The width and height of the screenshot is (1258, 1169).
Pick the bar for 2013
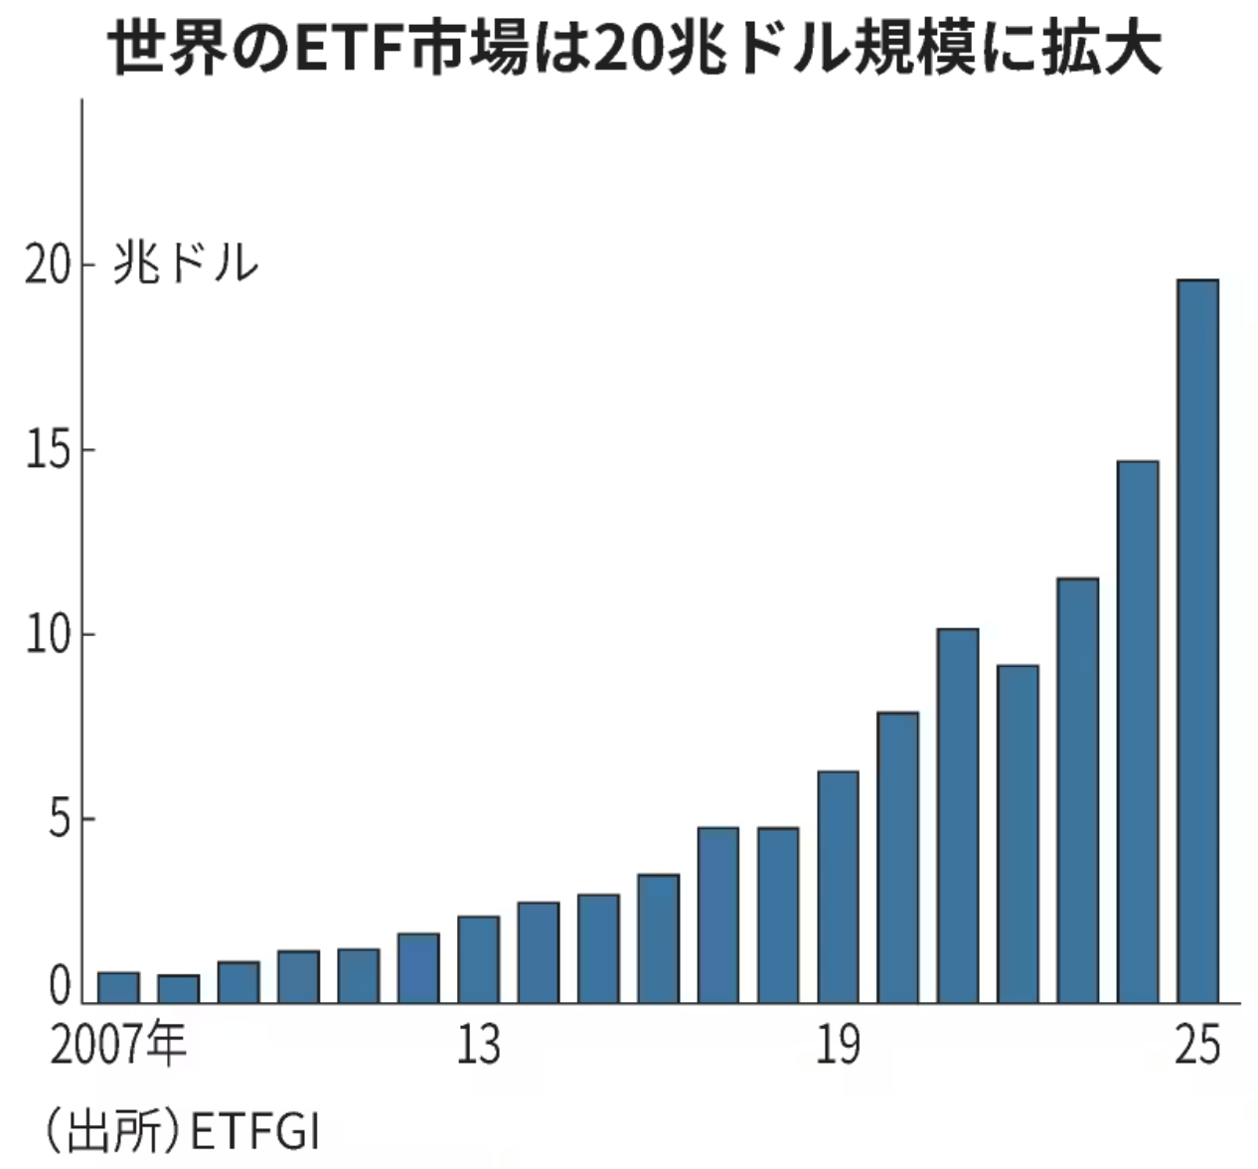pos(478,959)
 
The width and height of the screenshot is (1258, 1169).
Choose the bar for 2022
pos(1018,834)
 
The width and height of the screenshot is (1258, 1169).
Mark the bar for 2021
pos(958,815)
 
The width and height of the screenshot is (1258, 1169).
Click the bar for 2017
pos(717,915)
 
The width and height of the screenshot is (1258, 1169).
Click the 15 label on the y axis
pos(49,450)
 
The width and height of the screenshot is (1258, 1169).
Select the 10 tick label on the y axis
pos(49,635)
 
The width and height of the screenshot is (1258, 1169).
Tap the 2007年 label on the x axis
pos(118,1046)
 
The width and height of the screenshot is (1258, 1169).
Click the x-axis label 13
pos(478,1046)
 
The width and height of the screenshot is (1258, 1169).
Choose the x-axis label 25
pos(1196,1046)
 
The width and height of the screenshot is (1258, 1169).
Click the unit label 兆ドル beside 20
pos(186,264)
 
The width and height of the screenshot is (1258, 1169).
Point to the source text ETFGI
pos(254,1132)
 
